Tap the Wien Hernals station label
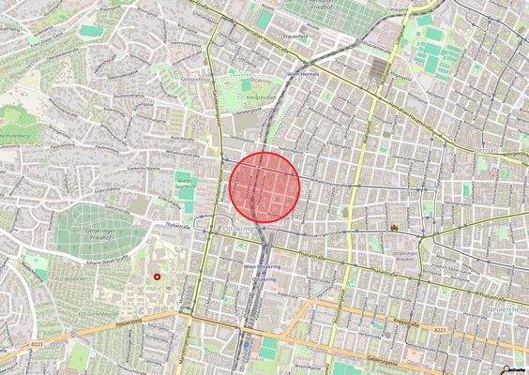(x=304, y=72)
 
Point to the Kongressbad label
(x=254, y=97)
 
